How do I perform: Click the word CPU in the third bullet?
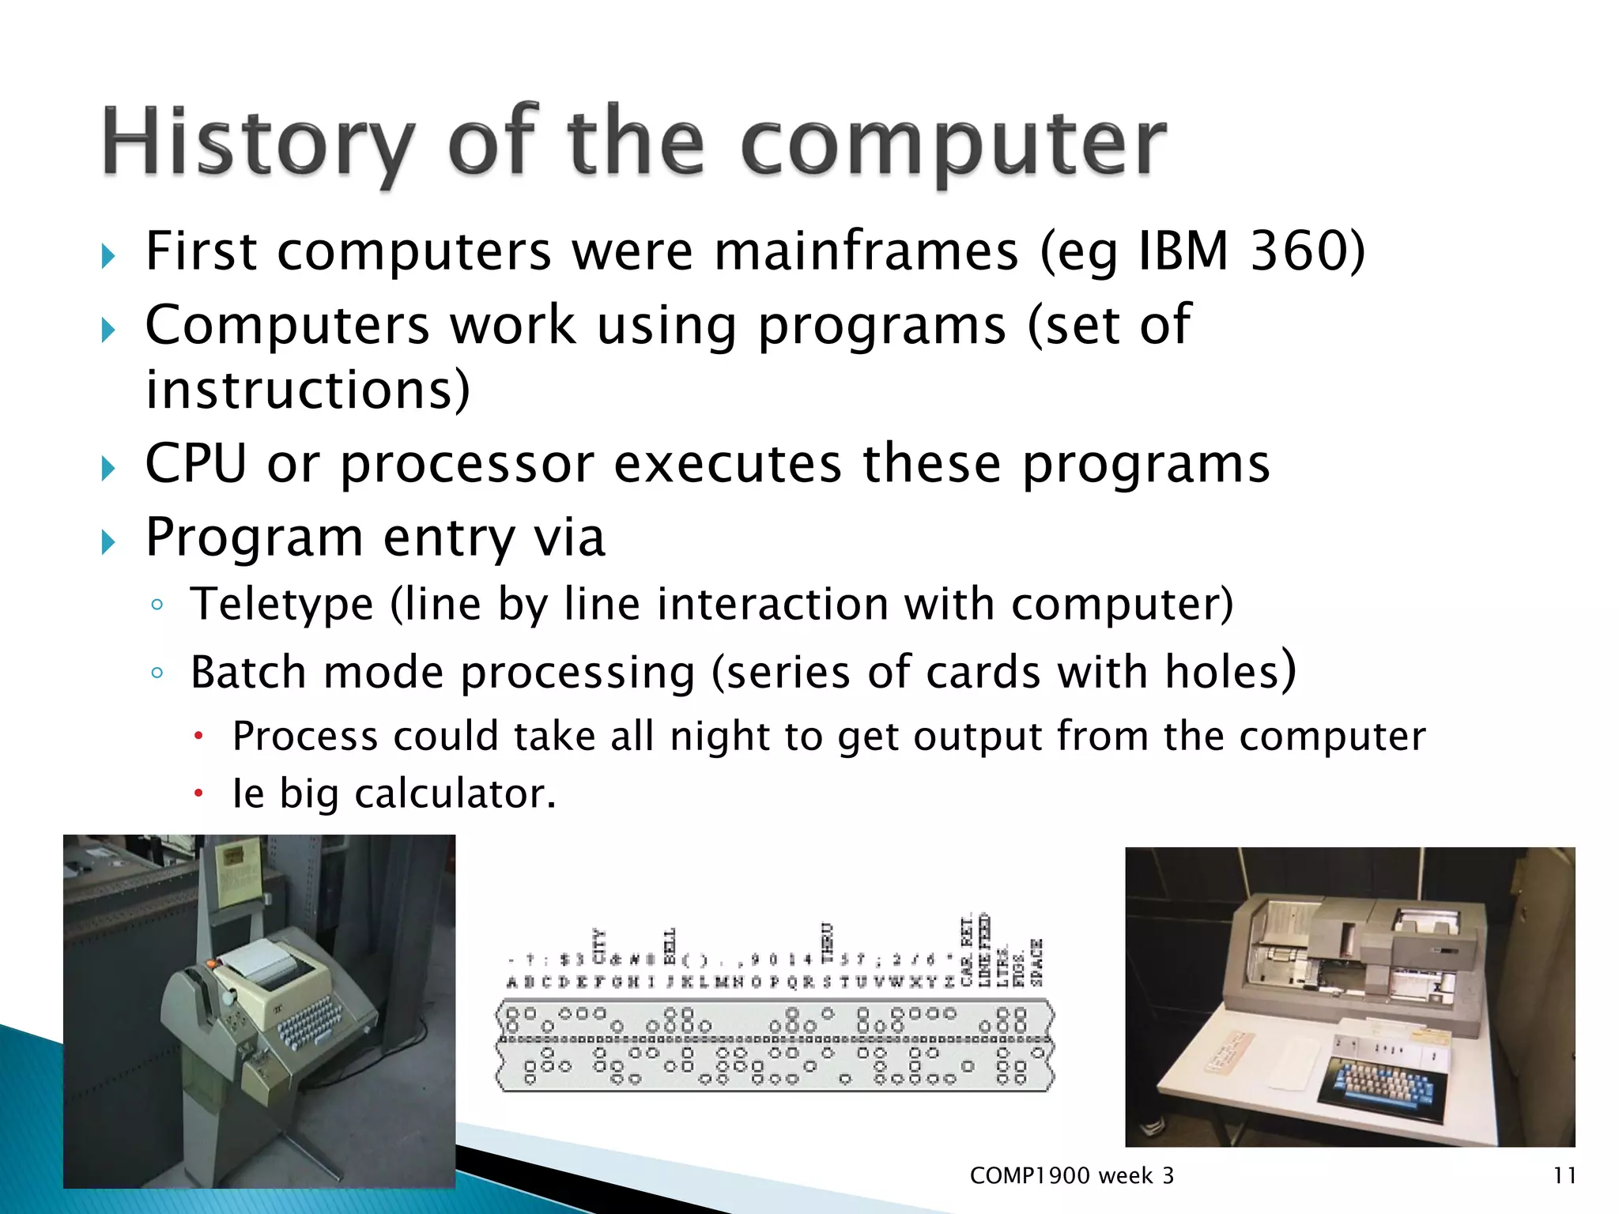pos(195,463)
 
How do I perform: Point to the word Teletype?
pos(281,605)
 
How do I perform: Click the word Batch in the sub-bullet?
pos(248,673)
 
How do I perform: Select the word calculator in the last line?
pos(455,794)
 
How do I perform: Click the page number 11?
pos(1564,1175)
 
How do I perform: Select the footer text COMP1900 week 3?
pos(1071,1175)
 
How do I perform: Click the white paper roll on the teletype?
pos(258,965)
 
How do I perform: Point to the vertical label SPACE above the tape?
pos(1037,963)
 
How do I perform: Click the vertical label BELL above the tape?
pos(670,946)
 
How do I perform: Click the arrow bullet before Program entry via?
pos(108,542)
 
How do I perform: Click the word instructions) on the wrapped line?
pos(308,390)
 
